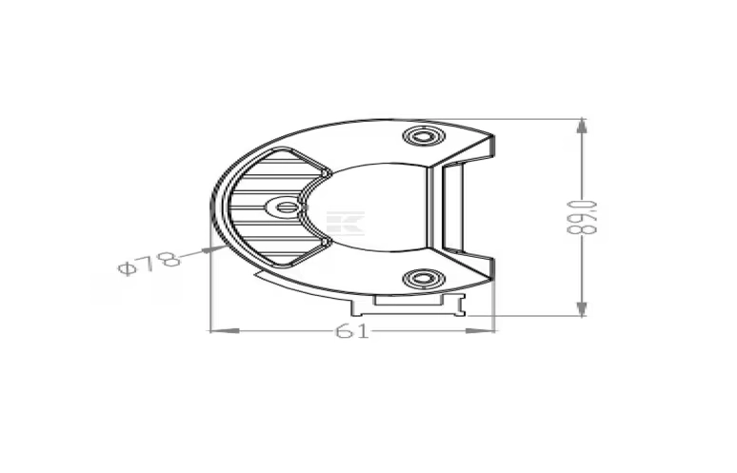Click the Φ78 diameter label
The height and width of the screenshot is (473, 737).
(149, 263)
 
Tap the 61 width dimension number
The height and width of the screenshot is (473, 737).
(352, 331)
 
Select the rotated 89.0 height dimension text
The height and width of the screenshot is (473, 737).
(582, 217)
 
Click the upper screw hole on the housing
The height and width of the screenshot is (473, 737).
(424, 137)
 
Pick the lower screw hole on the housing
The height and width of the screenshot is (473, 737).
(424, 279)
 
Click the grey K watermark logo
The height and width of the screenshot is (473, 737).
(346, 224)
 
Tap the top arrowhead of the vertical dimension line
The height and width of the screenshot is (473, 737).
(582, 126)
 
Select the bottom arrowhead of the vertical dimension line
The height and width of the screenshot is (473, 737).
(582, 308)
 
